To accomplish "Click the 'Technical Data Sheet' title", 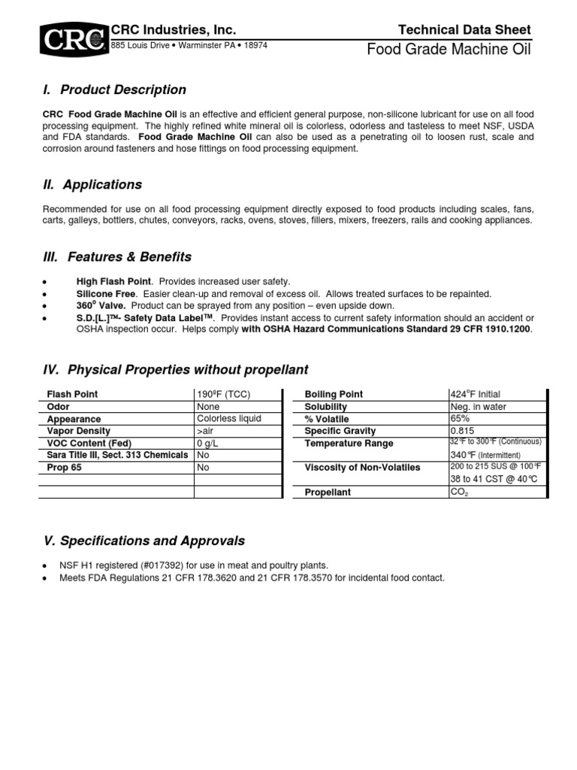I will click(x=464, y=30).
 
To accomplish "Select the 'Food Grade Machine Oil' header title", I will click(x=449, y=50).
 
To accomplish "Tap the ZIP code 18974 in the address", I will click(x=252, y=45).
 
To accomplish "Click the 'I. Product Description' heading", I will click(x=114, y=90).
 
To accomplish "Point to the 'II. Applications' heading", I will click(x=92, y=185).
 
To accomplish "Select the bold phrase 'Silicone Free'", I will click(x=107, y=293).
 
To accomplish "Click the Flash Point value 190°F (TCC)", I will click(x=223, y=395).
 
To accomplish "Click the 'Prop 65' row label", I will click(x=65, y=468).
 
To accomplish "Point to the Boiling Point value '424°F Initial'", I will click(x=475, y=395).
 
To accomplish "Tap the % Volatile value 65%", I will click(x=460, y=419).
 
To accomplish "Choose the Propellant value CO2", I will click(x=459, y=492).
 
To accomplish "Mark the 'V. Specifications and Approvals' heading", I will click(x=143, y=541).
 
